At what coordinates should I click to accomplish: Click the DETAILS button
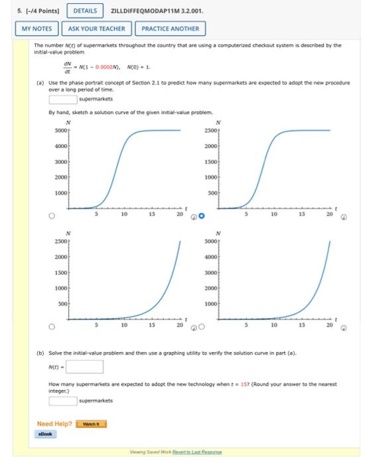[x=85, y=11]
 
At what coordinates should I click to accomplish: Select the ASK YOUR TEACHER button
[x=96, y=29]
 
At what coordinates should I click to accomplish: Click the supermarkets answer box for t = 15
[x=63, y=400]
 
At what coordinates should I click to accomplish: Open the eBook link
[x=46, y=434]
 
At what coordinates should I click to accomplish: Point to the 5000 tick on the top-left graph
[x=62, y=131]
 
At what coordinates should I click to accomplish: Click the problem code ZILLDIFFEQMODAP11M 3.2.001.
[x=157, y=11]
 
